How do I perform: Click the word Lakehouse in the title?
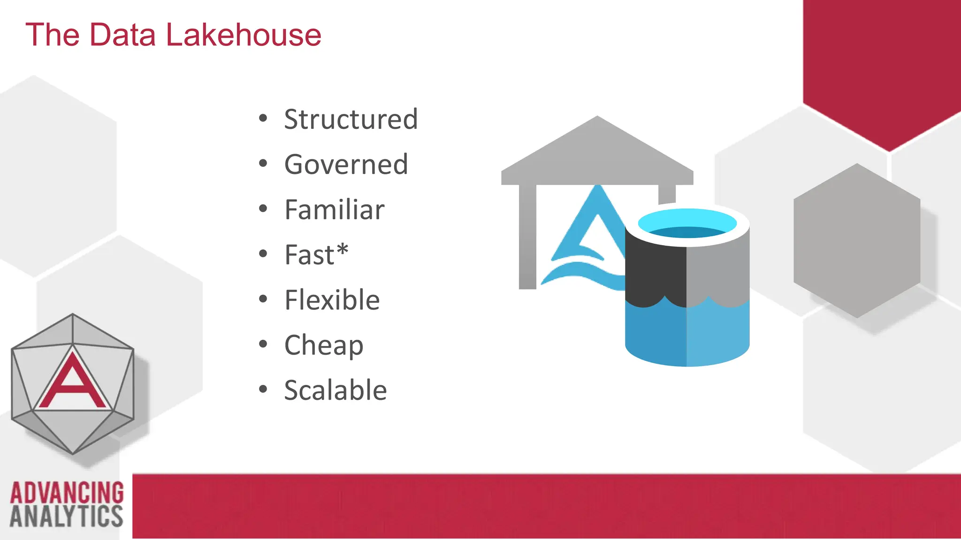[244, 35]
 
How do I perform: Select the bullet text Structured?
[351, 120]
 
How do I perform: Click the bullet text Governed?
[346, 165]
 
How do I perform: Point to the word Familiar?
[334, 210]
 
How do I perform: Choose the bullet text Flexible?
[332, 300]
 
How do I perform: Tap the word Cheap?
[324, 345]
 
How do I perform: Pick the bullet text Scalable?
[335, 390]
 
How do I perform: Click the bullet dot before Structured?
[263, 119]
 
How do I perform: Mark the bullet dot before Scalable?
[263, 389]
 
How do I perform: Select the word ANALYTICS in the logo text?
[67, 516]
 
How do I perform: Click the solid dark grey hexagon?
[857, 240]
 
